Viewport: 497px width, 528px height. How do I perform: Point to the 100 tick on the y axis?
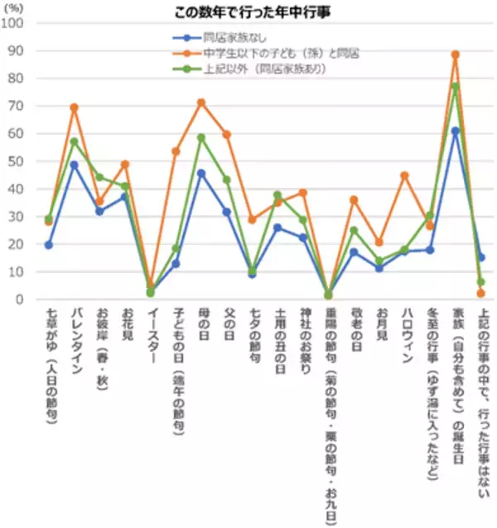14,22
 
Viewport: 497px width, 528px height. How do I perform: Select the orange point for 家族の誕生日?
455,55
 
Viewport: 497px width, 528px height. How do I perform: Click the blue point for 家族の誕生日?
455,131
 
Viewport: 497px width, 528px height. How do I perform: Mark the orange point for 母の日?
200,103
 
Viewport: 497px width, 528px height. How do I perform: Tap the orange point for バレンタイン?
75,108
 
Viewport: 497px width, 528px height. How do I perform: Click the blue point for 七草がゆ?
49,245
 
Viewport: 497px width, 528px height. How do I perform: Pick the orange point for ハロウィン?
404,175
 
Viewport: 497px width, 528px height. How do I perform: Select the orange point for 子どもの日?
176,151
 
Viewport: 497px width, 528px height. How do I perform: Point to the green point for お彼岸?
99,177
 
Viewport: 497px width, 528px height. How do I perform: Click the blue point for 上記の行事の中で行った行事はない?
480,257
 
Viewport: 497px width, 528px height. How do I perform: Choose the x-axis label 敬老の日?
354,331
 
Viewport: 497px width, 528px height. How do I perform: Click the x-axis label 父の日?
227,327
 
